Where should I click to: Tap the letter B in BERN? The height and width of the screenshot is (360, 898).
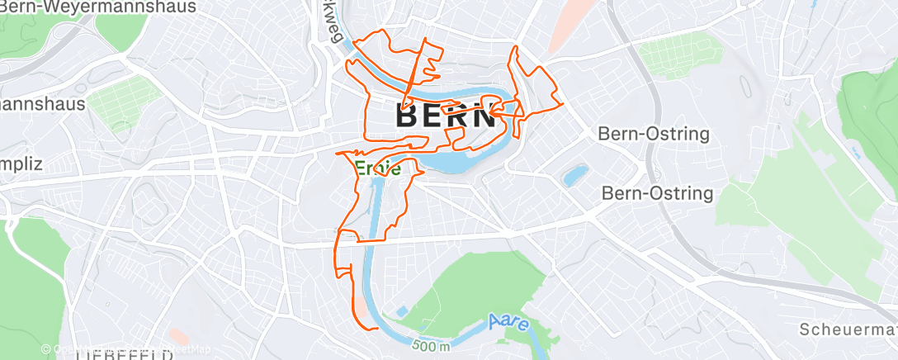pos(409,116)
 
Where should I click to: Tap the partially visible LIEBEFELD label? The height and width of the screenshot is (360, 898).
pos(123,356)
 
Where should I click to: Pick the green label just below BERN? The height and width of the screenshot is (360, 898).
pos(379,170)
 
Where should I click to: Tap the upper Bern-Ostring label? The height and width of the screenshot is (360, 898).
pos(654,134)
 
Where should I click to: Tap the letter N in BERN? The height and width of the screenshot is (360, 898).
pos(484,116)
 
